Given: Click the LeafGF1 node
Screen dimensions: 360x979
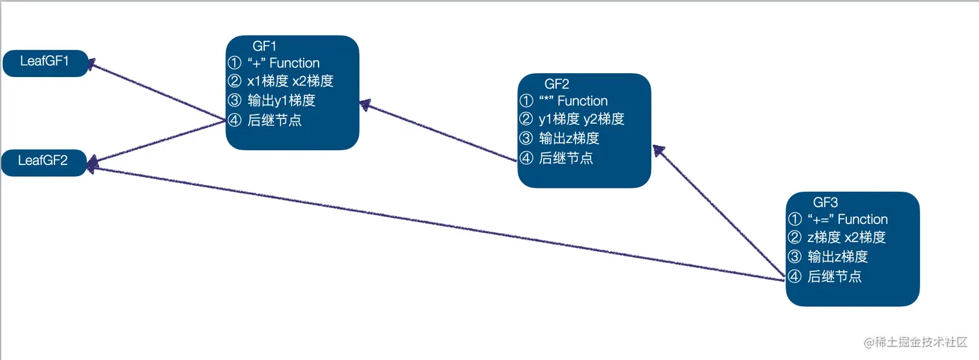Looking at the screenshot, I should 45,62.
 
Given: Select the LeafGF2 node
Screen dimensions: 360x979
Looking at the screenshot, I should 43,161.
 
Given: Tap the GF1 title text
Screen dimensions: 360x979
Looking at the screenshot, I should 264,47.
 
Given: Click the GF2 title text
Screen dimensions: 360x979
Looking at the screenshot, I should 556,84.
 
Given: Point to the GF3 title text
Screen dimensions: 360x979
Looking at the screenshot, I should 826,202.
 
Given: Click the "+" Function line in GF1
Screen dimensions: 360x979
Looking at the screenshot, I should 283,63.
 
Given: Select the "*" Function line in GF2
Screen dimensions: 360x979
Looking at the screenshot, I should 573,101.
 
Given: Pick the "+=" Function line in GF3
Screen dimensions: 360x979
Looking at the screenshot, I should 847,219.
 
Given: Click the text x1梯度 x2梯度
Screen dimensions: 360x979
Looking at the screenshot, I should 290,82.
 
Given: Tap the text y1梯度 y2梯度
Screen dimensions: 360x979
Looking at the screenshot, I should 581,119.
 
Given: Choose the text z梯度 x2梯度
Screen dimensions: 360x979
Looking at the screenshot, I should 846,238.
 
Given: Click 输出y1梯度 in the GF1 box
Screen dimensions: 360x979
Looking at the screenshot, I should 281,101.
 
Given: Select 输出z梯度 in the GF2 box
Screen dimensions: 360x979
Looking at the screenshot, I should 568,139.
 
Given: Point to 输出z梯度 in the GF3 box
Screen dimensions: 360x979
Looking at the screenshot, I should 837,256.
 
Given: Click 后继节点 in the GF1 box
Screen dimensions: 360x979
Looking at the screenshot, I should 274,120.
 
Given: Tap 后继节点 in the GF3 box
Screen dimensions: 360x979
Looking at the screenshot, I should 834,277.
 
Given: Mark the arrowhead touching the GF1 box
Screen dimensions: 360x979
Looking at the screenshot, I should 365,104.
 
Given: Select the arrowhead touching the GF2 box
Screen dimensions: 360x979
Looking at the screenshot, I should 658,150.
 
